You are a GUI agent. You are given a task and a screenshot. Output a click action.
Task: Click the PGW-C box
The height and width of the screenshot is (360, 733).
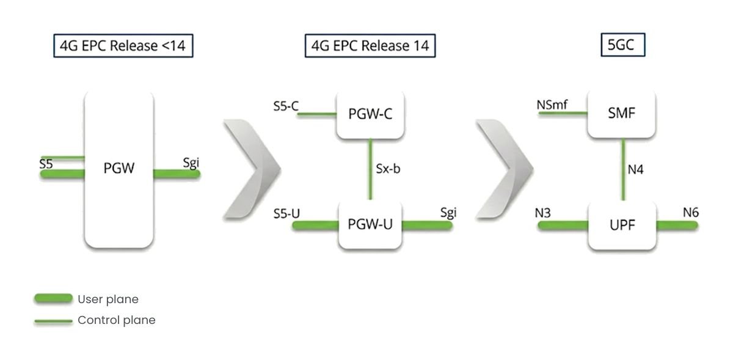370,114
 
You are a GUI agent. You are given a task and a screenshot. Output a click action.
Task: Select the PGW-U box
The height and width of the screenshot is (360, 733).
370,224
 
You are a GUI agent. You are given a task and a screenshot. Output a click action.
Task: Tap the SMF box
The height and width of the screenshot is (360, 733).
622,114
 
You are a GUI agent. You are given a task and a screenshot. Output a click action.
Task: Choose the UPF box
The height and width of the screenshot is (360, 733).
622,225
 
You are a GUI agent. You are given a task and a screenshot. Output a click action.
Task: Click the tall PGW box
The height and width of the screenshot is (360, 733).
119,169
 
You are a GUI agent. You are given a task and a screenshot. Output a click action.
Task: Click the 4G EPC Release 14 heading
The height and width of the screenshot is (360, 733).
370,46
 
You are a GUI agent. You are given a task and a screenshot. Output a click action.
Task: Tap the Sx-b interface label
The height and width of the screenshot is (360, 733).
388,169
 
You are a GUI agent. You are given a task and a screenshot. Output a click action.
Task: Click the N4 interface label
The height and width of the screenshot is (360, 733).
636,169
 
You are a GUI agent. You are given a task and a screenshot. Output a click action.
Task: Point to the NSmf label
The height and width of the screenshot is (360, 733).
552,105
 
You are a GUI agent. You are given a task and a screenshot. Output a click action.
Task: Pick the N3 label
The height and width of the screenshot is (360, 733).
543,213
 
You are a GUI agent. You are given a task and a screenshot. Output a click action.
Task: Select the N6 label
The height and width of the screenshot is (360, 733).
691,212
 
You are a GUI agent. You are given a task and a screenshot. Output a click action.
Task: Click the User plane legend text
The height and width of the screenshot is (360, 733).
108,299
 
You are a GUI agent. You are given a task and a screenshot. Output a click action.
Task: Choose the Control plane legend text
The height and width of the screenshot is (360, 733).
116,320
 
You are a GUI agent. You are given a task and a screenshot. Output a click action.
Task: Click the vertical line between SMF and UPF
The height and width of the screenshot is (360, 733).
622,169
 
